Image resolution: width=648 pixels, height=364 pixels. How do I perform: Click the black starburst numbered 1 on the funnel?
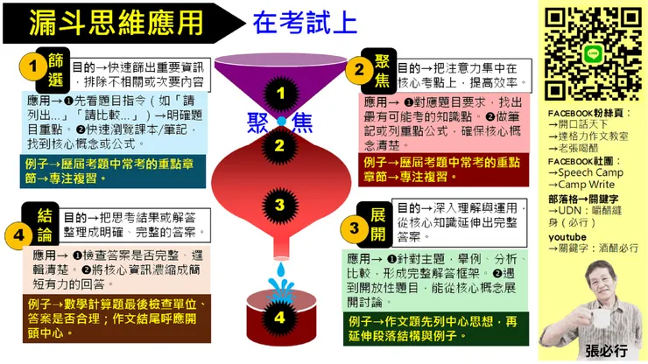(x=280, y=91)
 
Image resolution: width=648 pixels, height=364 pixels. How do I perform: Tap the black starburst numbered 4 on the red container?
(x=279, y=318)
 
